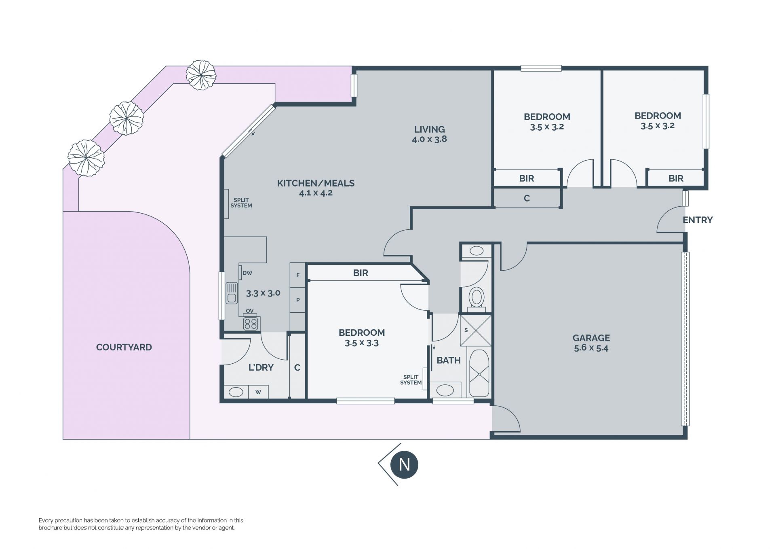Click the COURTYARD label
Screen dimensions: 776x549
tap(124, 347)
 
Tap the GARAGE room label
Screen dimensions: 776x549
tap(591, 338)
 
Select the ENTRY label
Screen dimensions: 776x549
tap(698, 220)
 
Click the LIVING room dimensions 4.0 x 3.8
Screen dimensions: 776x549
tap(429, 139)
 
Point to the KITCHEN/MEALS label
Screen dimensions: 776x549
tap(316, 183)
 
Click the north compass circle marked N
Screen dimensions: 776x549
tap(404, 464)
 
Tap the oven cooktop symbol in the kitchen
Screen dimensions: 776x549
tap(251, 324)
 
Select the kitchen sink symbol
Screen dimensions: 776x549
tap(232, 293)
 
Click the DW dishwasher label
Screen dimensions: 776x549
tap(247, 273)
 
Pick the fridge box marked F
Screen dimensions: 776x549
tap(298, 275)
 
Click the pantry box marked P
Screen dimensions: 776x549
tap(298, 300)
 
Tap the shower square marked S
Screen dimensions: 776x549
tap(476, 331)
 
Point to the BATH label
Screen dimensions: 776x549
tap(449, 360)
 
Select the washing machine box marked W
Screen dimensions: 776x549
tap(258, 392)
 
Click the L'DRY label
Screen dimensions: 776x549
tap(261, 367)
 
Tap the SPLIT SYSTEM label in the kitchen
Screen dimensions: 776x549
tap(241, 203)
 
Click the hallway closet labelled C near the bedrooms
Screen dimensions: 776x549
tap(527, 198)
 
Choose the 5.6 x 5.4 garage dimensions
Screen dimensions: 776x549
tap(591, 348)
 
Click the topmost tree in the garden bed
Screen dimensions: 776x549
tap(201, 75)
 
